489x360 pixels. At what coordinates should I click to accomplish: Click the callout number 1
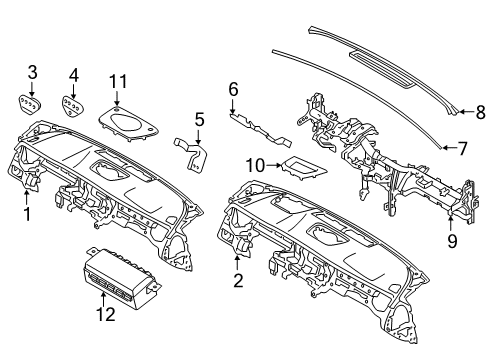(x=27, y=214)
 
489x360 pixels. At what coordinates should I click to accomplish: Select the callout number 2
(x=238, y=281)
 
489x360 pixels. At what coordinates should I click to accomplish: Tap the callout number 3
(x=32, y=72)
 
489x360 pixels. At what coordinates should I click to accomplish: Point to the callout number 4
(x=73, y=74)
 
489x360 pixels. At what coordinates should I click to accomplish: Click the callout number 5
(x=199, y=120)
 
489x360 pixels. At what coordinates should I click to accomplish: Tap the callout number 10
(x=254, y=164)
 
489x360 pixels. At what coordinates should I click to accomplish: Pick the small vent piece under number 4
(x=73, y=103)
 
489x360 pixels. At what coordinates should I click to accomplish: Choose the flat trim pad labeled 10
(x=300, y=168)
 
